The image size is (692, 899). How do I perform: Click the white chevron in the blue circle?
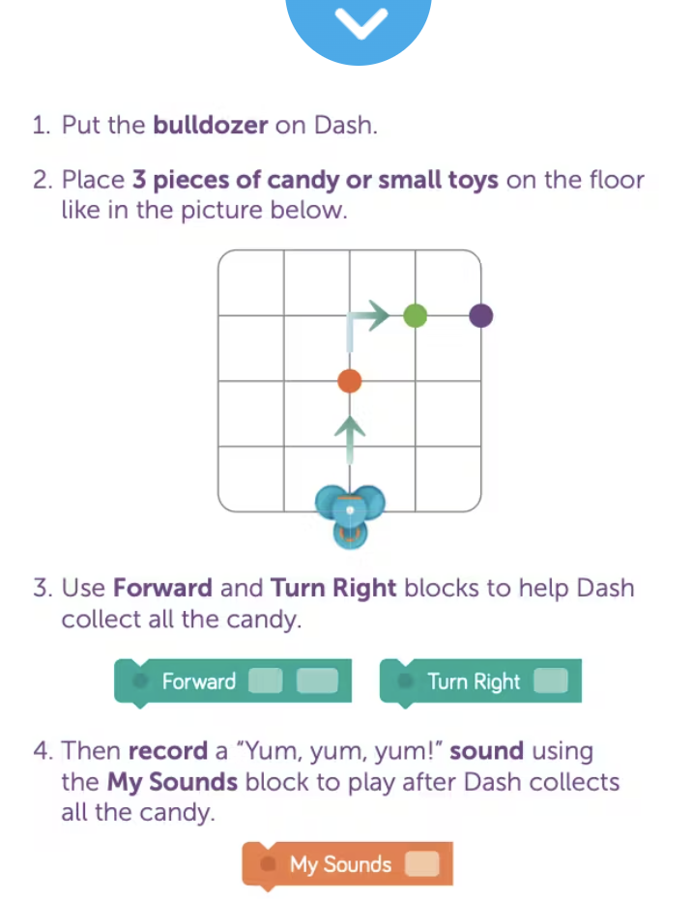pyautogui.click(x=360, y=22)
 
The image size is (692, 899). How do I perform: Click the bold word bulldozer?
pyautogui.click(x=211, y=125)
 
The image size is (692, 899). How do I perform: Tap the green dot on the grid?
pyautogui.click(x=415, y=315)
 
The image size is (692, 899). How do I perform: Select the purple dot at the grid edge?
pyautogui.click(x=480, y=316)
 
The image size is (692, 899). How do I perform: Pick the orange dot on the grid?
pyautogui.click(x=350, y=381)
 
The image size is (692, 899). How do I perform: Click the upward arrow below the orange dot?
pyautogui.click(x=350, y=439)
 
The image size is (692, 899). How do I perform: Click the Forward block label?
pyautogui.click(x=198, y=681)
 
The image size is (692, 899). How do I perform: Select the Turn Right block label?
pyautogui.click(x=474, y=681)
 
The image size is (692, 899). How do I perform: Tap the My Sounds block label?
pyautogui.click(x=340, y=864)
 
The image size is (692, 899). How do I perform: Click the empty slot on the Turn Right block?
pyautogui.click(x=550, y=681)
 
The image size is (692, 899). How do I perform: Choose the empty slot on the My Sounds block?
pyautogui.click(x=422, y=863)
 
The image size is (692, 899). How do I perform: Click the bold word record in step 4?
pyautogui.click(x=168, y=751)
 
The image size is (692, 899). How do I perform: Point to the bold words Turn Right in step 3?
pyautogui.click(x=333, y=589)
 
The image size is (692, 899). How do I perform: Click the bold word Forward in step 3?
pyautogui.click(x=162, y=589)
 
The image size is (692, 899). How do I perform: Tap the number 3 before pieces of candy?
pyautogui.click(x=139, y=180)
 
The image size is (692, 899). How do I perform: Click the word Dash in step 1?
pyautogui.click(x=346, y=125)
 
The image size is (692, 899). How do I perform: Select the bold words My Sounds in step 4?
pyautogui.click(x=173, y=782)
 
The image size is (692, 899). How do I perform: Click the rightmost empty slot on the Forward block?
pyautogui.click(x=317, y=681)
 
